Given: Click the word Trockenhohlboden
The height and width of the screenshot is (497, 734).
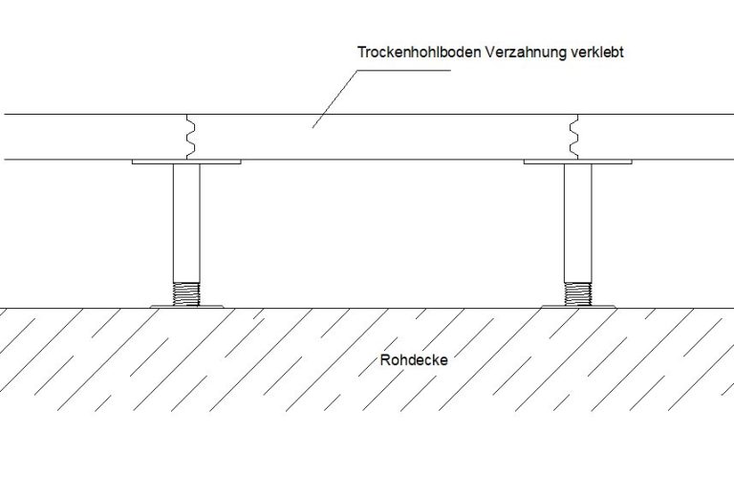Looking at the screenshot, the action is (x=419, y=52).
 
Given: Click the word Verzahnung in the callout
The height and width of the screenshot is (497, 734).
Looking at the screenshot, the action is (x=526, y=53).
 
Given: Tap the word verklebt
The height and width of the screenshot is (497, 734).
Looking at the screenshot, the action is (x=597, y=52).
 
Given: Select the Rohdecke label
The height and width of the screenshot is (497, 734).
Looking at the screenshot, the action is (x=414, y=360).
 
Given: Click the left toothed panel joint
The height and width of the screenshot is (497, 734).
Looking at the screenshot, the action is (x=190, y=137).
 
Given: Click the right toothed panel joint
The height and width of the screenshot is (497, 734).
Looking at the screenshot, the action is (x=573, y=137).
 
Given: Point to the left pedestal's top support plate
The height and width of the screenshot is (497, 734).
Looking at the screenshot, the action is (x=186, y=162).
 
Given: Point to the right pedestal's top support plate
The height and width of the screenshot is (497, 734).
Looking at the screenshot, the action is (x=577, y=162).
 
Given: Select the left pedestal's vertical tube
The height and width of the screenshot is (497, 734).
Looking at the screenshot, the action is (x=186, y=224).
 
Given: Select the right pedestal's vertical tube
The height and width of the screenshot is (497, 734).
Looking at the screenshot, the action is (x=577, y=224).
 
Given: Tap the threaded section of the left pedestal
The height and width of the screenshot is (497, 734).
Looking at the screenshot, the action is (x=186, y=294).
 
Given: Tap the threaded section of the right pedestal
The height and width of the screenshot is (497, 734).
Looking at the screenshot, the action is (x=577, y=294).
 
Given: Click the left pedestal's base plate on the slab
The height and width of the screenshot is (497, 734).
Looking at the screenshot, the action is (x=186, y=307).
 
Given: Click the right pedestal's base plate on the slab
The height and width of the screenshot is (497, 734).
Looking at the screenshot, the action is (x=578, y=307).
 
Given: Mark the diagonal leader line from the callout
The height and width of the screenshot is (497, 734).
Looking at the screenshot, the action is (x=335, y=99).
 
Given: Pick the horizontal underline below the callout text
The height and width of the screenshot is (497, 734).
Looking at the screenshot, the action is (x=404, y=71).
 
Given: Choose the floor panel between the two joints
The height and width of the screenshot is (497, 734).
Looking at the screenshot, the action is (x=382, y=137).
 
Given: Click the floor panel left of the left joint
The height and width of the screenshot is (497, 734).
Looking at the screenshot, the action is (x=95, y=137).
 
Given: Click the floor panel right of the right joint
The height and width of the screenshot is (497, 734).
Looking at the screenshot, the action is (x=657, y=137).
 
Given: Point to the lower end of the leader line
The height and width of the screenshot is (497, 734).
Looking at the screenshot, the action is (x=313, y=128).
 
